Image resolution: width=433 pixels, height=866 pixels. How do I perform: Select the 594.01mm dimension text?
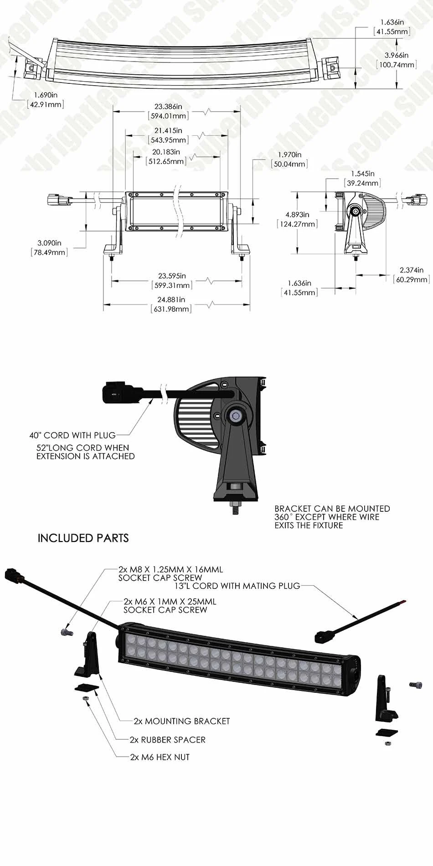click(x=169, y=116)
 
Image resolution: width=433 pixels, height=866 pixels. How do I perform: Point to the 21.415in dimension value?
click(x=168, y=131)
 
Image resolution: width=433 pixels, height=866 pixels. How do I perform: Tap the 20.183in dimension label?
click(x=166, y=152)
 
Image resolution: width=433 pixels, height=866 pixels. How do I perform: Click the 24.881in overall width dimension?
click(x=171, y=299)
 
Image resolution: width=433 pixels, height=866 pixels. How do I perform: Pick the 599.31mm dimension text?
click(x=172, y=285)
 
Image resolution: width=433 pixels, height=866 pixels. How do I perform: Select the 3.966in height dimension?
click(x=396, y=55)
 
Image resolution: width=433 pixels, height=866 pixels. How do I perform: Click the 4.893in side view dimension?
click(x=297, y=214)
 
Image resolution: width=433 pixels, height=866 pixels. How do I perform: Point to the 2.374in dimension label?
click(x=411, y=270)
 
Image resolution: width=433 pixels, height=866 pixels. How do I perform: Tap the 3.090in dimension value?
click(x=49, y=243)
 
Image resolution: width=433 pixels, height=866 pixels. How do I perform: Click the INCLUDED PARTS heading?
click(x=83, y=538)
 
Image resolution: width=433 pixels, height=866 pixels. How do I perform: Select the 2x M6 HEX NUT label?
click(x=160, y=757)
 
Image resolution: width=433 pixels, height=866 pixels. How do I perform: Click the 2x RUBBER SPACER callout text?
click(x=167, y=740)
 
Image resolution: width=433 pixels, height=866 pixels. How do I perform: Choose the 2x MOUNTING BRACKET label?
click(x=181, y=721)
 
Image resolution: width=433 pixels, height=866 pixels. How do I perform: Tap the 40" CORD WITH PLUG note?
click(x=72, y=435)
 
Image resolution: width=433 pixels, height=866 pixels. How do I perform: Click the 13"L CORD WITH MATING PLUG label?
click(x=237, y=586)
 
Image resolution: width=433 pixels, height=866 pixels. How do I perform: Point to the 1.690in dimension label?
click(x=46, y=95)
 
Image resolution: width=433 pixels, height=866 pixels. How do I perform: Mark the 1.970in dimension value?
click(x=289, y=155)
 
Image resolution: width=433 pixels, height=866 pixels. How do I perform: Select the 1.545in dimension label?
click(x=362, y=174)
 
